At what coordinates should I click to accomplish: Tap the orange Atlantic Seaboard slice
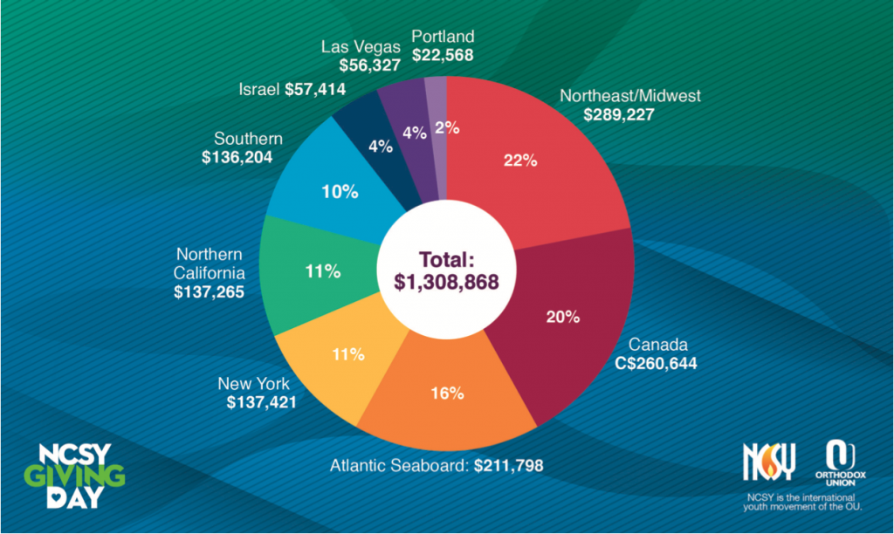pos(448,394)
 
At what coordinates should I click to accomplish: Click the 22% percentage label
pos(520,161)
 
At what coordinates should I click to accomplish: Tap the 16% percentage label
pos(447,394)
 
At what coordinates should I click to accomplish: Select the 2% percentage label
pos(447,127)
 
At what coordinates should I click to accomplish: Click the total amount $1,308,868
pos(446,282)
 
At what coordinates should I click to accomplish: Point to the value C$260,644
pos(656,363)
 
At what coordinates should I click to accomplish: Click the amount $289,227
pos(619,114)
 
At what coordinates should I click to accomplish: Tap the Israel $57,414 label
pos(292,90)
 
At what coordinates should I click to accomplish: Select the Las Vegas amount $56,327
pos(369,65)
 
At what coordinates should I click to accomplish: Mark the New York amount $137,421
pos(262,402)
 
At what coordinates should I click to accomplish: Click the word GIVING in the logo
pos(74,476)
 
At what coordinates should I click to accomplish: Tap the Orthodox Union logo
pos(841,462)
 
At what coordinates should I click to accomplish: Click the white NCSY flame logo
pos(769,461)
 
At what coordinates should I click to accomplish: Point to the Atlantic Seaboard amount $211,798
pos(509,466)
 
